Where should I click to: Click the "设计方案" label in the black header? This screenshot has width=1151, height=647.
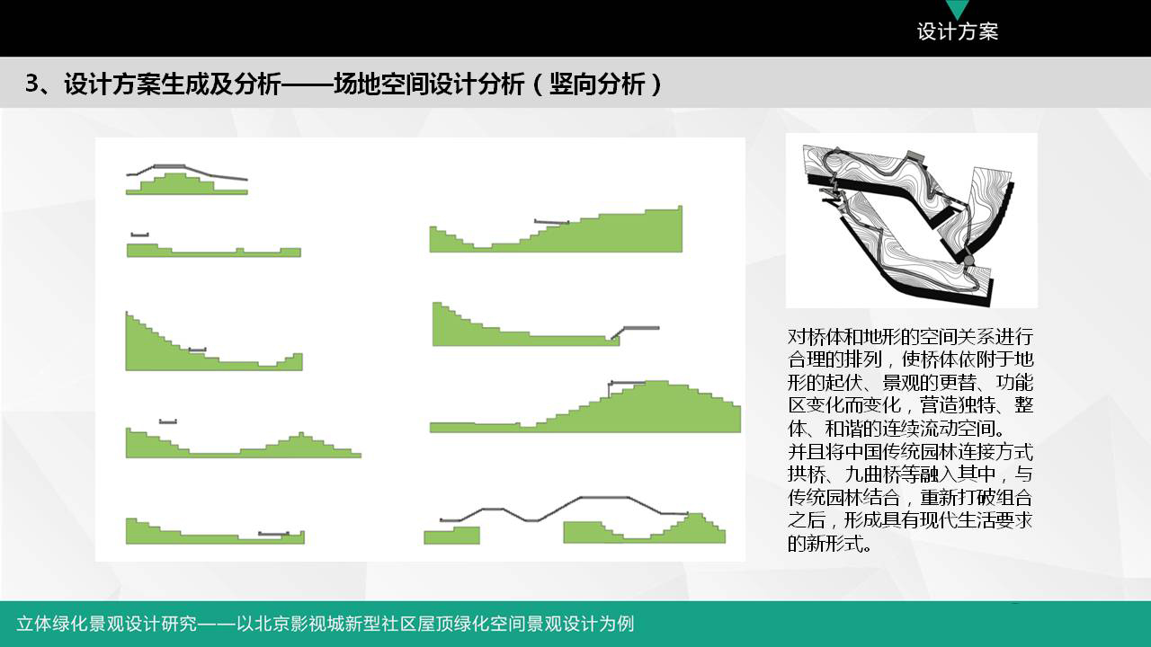coord(958,31)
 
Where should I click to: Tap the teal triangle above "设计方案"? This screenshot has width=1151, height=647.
coord(958,8)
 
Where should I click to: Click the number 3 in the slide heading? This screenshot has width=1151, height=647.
coord(31,84)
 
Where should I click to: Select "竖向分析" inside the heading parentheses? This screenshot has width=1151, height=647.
coord(597,84)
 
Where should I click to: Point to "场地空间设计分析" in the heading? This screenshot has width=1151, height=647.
coord(429,84)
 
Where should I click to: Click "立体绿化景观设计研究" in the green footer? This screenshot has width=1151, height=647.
coord(106,624)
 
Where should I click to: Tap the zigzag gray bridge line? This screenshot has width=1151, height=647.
coord(564,510)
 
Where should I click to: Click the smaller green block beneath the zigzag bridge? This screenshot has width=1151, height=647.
coord(451,535)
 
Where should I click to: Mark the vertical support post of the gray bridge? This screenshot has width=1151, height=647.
coord(610,391)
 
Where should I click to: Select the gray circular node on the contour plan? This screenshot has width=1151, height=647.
coord(968,261)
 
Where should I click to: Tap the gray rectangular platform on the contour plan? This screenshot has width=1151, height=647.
coord(915,155)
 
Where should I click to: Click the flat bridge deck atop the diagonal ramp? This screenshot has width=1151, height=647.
coord(641,328)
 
